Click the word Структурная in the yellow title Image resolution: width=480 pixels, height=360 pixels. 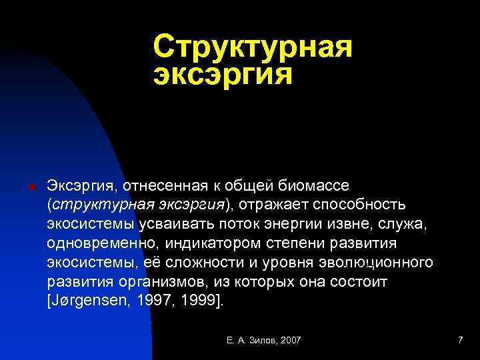point(252,47)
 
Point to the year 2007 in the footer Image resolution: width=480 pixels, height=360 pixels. point(291,341)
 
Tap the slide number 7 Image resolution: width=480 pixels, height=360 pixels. point(460,341)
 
